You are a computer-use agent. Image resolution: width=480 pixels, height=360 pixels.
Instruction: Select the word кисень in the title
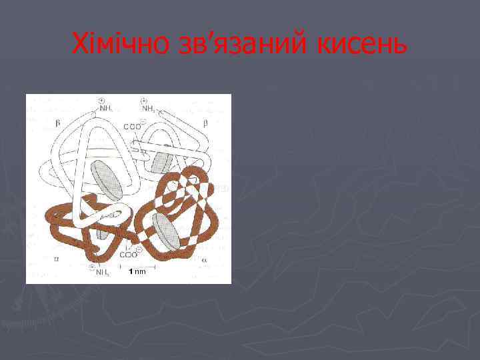click(361, 45)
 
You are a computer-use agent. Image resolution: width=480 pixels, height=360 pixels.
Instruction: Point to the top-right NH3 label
click(149, 109)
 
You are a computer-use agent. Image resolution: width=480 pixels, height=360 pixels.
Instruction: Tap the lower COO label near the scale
click(129, 253)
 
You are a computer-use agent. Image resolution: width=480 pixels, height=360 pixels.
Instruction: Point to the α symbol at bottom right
click(204, 259)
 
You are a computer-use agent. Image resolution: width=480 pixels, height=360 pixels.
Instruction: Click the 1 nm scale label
click(137, 271)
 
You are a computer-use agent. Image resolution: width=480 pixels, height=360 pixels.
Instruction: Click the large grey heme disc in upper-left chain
click(107, 180)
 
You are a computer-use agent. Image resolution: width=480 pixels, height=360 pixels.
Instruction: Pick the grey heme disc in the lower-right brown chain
click(165, 229)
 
